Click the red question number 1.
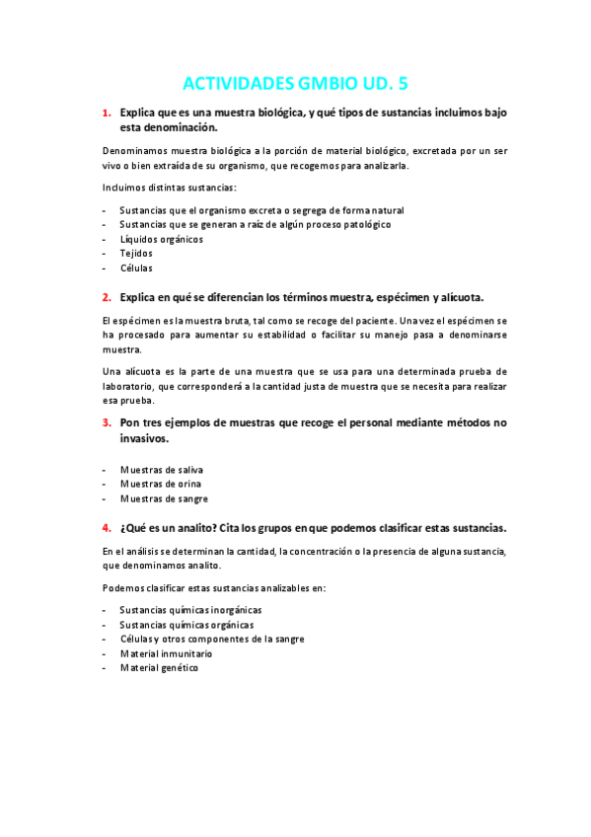coord(107,114)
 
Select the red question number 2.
coord(107,297)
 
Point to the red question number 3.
coord(107,422)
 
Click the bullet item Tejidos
coord(136,254)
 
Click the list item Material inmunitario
coord(166,653)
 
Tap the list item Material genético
coord(159,668)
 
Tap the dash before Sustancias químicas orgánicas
coord(105,625)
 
